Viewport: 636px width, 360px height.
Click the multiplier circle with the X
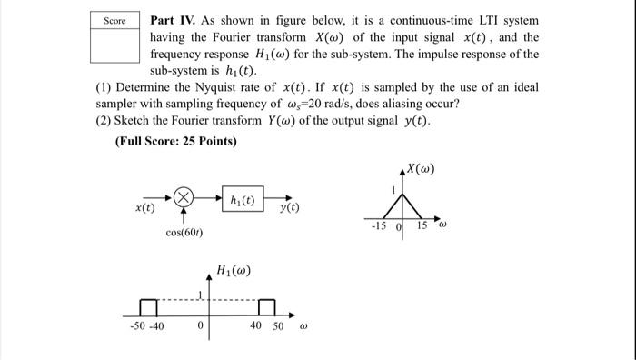coord(184,196)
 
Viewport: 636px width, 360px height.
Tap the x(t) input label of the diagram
coord(144,208)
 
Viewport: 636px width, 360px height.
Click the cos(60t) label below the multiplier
coord(184,234)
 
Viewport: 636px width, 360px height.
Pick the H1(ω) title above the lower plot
coord(234,270)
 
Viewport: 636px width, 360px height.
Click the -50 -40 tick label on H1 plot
coord(146,326)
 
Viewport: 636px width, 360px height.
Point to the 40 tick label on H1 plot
coord(255,326)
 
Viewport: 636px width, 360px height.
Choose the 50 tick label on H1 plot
coord(278,326)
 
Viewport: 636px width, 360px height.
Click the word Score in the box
coord(114,20)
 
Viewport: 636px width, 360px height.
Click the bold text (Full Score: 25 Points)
coord(175,141)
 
